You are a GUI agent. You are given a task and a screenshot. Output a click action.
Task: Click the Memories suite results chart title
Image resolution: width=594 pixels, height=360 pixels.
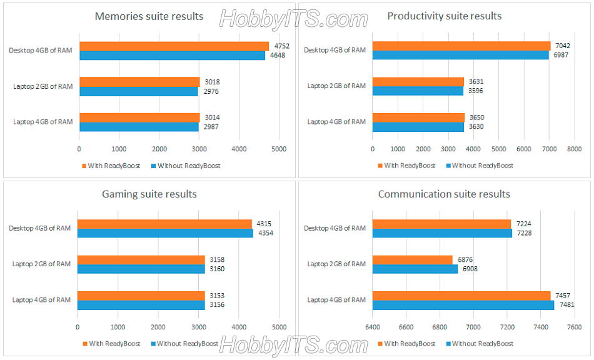(149, 16)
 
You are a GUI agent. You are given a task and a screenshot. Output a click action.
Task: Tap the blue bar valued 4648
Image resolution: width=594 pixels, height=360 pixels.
(172, 56)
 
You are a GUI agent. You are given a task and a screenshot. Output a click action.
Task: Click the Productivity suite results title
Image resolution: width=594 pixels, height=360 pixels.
(444, 16)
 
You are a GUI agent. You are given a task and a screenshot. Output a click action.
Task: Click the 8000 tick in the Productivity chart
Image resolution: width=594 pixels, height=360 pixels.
(574, 149)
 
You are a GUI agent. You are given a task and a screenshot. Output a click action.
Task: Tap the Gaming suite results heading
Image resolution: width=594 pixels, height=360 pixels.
(149, 194)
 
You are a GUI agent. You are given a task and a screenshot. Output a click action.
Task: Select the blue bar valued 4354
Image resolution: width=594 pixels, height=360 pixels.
(165, 233)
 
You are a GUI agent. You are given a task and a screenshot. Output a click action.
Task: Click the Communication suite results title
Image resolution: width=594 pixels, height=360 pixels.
(444, 194)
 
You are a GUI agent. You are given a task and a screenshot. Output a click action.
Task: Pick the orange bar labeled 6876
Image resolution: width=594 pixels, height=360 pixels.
(412, 259)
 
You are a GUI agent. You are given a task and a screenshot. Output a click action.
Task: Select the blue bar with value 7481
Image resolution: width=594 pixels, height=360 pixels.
(463, 305)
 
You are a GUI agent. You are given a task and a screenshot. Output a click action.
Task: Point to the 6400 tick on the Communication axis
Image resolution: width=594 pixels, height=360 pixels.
(373, 327)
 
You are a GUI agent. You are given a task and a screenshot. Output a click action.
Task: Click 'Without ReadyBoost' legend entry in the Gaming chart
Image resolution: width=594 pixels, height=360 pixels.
(187, 344)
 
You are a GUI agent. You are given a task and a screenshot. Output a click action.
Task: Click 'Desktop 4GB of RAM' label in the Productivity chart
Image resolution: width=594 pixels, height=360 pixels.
(335, 50)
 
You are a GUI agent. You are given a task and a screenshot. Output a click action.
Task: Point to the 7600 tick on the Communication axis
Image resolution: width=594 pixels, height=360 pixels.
(574, 327)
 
